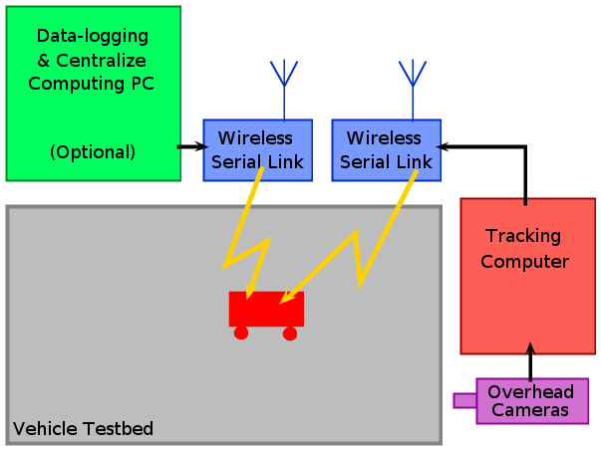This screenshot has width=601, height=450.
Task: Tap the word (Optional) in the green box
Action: click(x=93, y=152)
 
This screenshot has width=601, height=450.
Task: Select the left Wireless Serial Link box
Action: click(x=257, y=149)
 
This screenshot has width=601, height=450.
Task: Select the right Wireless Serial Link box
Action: click(x=386, y=149)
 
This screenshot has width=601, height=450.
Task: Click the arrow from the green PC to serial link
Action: click(x=190, y=146)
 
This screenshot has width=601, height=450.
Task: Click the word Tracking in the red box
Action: click(x=523, y=236)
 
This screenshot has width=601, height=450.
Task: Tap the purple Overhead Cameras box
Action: click(x=532, y=400)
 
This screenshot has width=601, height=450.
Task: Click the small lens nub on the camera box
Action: click(x=464, y=400)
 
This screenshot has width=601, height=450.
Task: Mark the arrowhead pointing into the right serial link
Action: click(x=444, y=146)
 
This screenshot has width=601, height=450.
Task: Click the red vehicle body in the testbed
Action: click(x=266, y=309)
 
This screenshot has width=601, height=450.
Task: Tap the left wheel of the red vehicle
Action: click(x=241, y=333)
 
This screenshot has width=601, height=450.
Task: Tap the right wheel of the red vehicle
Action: click(x=290, y=333)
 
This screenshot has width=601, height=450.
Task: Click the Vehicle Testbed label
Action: click(x=83, y=429)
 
